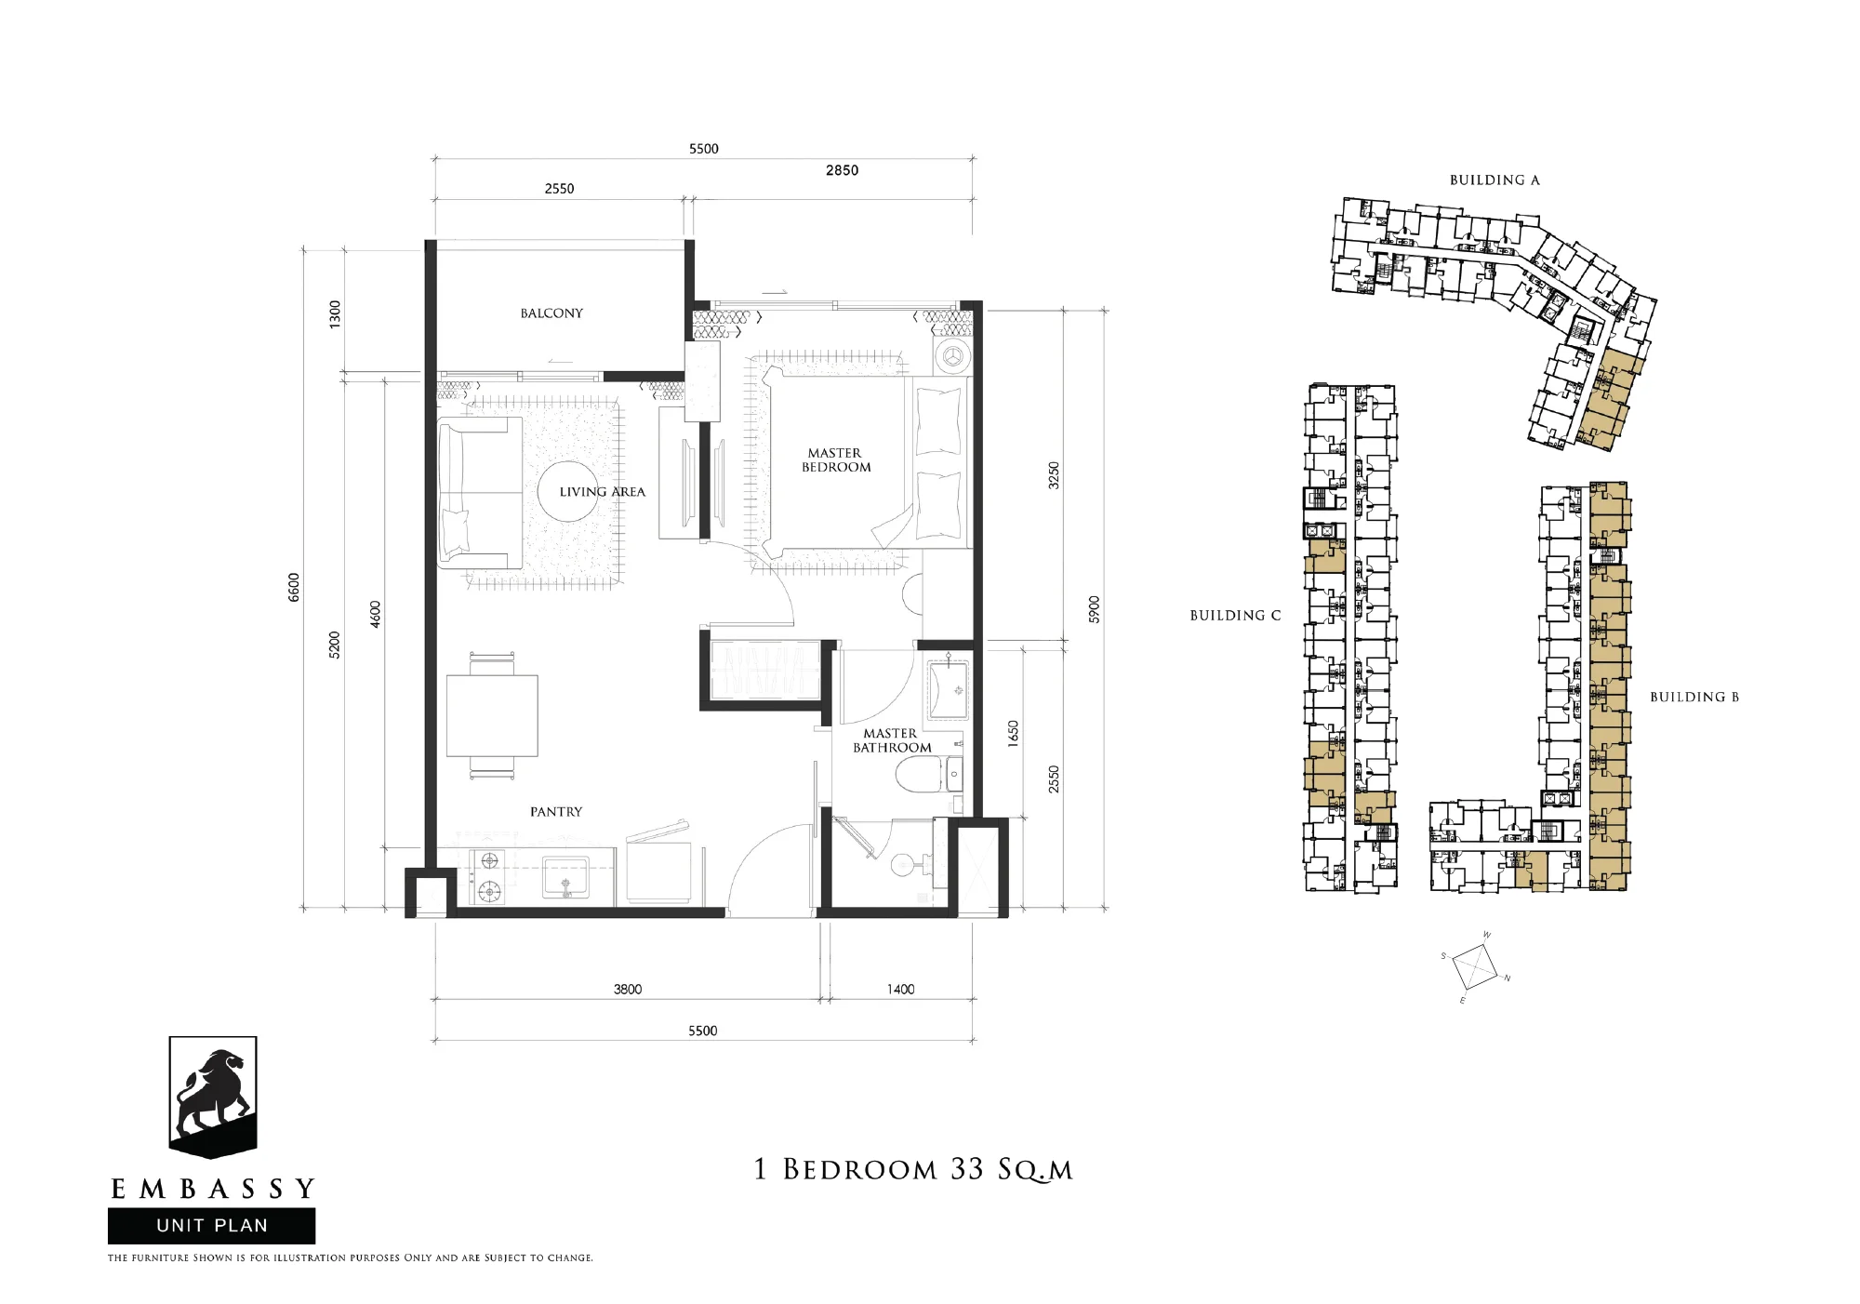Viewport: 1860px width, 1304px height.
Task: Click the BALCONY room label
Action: point(551,313)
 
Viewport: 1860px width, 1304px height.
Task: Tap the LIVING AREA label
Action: point(602,492)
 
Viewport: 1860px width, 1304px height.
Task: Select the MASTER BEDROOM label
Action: point(836,460)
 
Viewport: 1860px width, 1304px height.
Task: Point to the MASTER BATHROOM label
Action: point(892,740)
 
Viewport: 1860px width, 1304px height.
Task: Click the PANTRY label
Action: point(556,812)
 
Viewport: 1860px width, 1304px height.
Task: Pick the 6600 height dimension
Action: point(294,588)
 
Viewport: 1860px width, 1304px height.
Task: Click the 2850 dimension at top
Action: point(842,170)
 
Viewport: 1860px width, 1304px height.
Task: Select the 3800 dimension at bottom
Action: point(628,990)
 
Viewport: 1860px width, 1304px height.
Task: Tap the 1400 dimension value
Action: point(900,990)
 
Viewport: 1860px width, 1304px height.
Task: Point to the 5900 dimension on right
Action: point(1095,610)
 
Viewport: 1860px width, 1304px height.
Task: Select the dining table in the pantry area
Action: point(492,715)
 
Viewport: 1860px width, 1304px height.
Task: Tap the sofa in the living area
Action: point(480,493)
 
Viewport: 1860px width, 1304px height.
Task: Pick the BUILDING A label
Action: point(1495,180)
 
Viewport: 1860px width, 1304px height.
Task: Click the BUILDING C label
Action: point(1235,616)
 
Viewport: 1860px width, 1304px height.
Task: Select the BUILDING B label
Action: point(1694,698)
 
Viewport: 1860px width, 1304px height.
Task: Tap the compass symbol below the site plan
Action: point(1475,967)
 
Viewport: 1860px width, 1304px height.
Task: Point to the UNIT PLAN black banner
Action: point(212,1226)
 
